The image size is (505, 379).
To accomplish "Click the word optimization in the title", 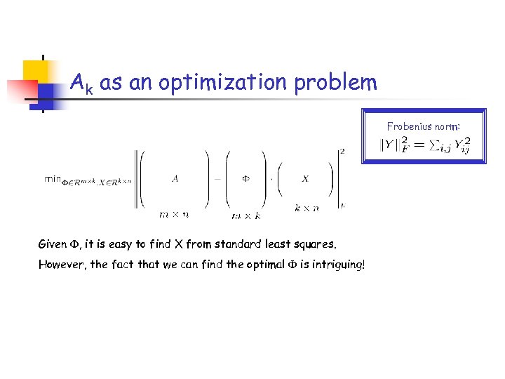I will (x=224, y=84).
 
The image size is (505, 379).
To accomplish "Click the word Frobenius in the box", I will (x=410, y=127).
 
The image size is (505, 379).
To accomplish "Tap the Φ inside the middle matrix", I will (x=245, y=178).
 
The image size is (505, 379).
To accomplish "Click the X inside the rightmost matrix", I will (x=304, y=179).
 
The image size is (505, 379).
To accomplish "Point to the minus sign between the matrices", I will (x=218, y=178).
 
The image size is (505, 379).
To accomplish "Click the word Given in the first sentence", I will (x=53, y=245).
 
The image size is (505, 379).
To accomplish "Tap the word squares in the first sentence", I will (x=314, y=245).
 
